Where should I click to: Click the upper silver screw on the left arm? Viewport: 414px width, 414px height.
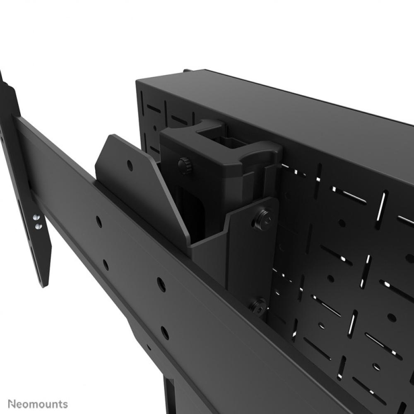pos(36,217)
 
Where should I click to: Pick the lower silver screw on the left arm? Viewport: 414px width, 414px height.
pos(38,226)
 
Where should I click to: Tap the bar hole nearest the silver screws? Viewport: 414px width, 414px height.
pos(99,222)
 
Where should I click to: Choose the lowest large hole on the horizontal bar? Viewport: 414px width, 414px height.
pos(165,332)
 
